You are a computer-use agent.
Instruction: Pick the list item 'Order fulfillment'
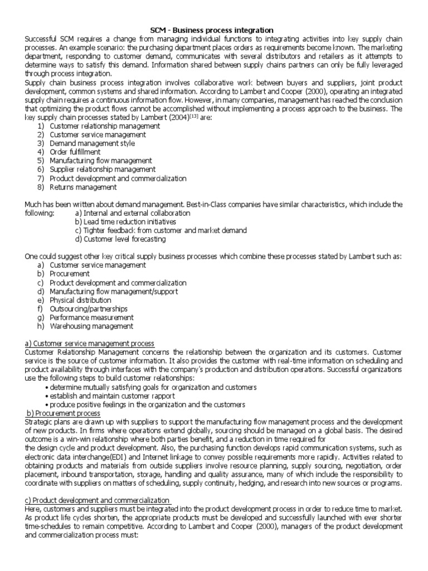tap(75, 152)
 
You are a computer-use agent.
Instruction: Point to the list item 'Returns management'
tap(83, 187)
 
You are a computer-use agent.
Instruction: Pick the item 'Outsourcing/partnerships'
tap(89, 308)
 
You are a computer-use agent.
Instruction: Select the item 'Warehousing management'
tap(91, 326)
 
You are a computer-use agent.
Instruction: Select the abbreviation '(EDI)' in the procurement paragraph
tap(100, 457)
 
